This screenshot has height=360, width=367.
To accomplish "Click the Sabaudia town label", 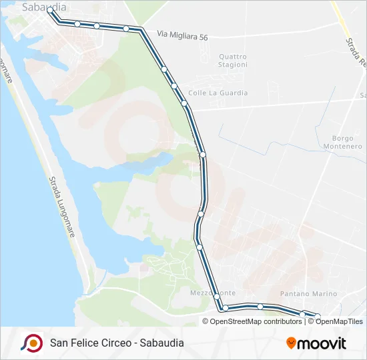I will (x=44, y=7).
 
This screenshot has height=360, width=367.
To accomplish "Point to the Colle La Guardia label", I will (x=218, y=93).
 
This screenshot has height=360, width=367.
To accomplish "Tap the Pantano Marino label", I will (x=309, y=293).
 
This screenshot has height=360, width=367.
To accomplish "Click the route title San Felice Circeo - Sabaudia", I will (x=117, y=343).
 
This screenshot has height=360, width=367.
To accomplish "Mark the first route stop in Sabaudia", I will (x=50, y=10).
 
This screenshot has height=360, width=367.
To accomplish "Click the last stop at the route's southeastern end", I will (x=317, y=317).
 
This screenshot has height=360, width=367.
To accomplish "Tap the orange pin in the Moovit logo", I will (x=291, y=343).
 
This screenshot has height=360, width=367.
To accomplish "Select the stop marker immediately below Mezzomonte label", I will (x=225, y=307).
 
